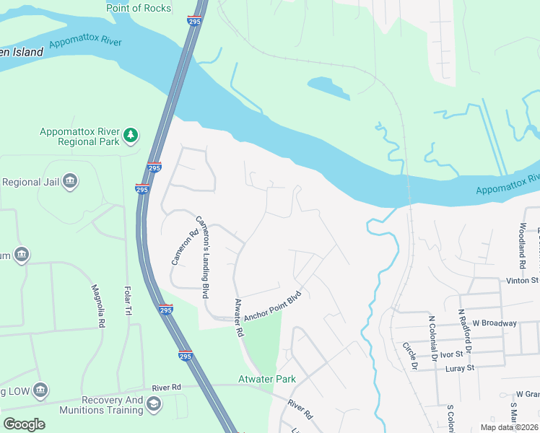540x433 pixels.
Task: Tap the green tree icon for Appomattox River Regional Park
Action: [x=130, y=135]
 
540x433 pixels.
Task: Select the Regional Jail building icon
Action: [x=70, y=181]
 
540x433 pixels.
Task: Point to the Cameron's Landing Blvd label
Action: [x=204, y=257]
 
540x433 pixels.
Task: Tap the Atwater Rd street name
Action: [x=238, y=319]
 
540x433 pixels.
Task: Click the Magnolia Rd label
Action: [x=98, y=307]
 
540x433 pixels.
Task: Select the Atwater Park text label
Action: [x=267, y=379]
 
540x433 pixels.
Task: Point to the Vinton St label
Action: [x=523, y=280]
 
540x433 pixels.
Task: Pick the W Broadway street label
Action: [x=495, y=323]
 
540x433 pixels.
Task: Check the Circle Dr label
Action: [x=410, y=356]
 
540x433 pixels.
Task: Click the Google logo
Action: [x=24, y=424]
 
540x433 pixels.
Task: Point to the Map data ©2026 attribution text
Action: [x=508, y=427]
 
